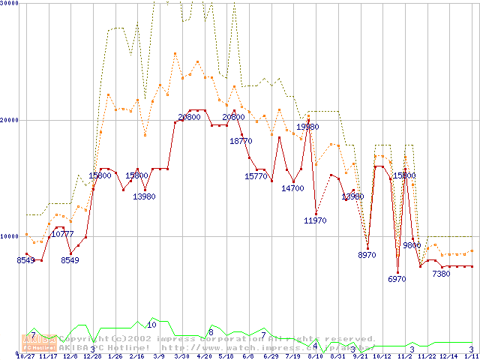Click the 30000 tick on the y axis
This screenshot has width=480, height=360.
10,4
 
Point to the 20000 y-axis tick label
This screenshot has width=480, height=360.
10,120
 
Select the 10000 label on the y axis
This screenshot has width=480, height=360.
10,236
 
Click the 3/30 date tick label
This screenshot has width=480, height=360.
181,356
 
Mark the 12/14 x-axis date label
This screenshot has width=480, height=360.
448,356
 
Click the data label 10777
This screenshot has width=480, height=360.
63,235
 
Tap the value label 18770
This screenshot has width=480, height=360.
241,141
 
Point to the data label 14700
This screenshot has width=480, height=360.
292,188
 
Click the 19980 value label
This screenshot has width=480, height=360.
307,127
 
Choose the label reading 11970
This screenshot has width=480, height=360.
315,220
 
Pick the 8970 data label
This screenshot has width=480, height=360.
367,255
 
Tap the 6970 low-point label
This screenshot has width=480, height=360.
397,278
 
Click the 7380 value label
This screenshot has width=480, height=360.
441,274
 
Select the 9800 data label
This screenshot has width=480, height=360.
412,244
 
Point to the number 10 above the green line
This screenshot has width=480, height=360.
151,325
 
